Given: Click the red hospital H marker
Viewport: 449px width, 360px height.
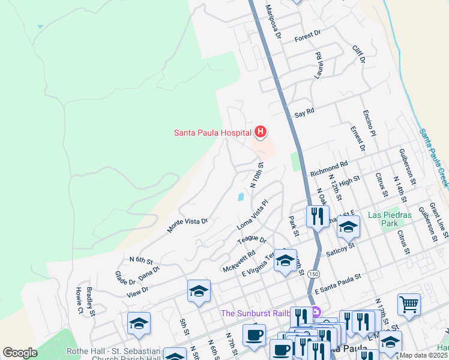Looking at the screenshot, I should [261, 131].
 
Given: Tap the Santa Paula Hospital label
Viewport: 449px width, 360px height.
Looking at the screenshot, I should [212, 133].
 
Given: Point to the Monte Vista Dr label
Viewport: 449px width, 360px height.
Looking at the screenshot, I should [187, 225].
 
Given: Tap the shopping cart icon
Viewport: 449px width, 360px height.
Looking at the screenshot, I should [409, 304].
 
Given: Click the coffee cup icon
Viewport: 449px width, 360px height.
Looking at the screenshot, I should [254, 335].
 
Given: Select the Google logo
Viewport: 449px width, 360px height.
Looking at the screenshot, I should [20, 353].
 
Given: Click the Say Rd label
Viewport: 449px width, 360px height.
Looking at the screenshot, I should [304, 112].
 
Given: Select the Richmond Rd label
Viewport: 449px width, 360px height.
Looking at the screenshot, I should [328, 167].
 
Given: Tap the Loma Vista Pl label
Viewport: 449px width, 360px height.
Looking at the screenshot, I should [252, 215].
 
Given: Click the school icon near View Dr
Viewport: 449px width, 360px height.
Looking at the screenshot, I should [199, 292].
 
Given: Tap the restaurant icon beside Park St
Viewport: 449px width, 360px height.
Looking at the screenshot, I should [318, 216].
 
